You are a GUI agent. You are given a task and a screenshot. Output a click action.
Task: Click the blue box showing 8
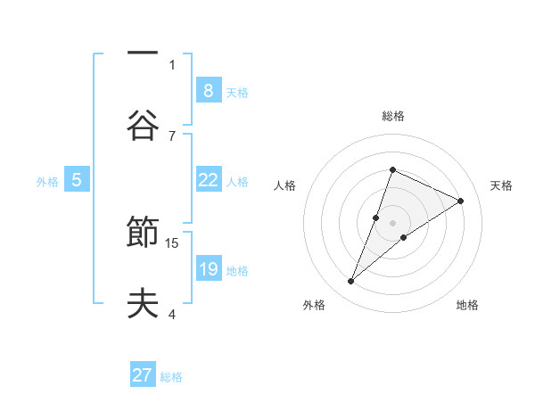coord(208,90)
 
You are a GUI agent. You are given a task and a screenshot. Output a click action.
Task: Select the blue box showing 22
coord(208,180)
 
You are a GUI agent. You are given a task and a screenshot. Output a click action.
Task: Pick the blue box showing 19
coord(208,269)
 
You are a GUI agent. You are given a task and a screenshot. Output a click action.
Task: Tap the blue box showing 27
coord(143,375)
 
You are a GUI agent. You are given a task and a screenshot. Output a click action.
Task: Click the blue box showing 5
coord(77,180)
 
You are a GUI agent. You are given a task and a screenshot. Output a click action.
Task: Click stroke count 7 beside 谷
coord(172,136)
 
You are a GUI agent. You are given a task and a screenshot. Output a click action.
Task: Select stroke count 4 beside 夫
coord(172,314)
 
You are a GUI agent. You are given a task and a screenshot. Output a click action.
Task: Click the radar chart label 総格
coord(392,116)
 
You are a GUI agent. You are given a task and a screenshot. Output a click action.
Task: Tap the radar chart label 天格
coord(501,185)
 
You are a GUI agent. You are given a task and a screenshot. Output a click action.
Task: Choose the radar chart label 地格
coord(467,306)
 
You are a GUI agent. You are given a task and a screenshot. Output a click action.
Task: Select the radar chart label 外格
coord(314,306)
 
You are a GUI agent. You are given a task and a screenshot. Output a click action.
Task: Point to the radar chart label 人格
coord(284,185)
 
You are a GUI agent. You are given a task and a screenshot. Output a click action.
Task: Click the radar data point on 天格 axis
coord(461,201)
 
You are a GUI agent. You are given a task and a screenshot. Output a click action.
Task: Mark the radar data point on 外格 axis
coord(351,282)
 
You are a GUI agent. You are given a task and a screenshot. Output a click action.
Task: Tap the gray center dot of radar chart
coord(392,222)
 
